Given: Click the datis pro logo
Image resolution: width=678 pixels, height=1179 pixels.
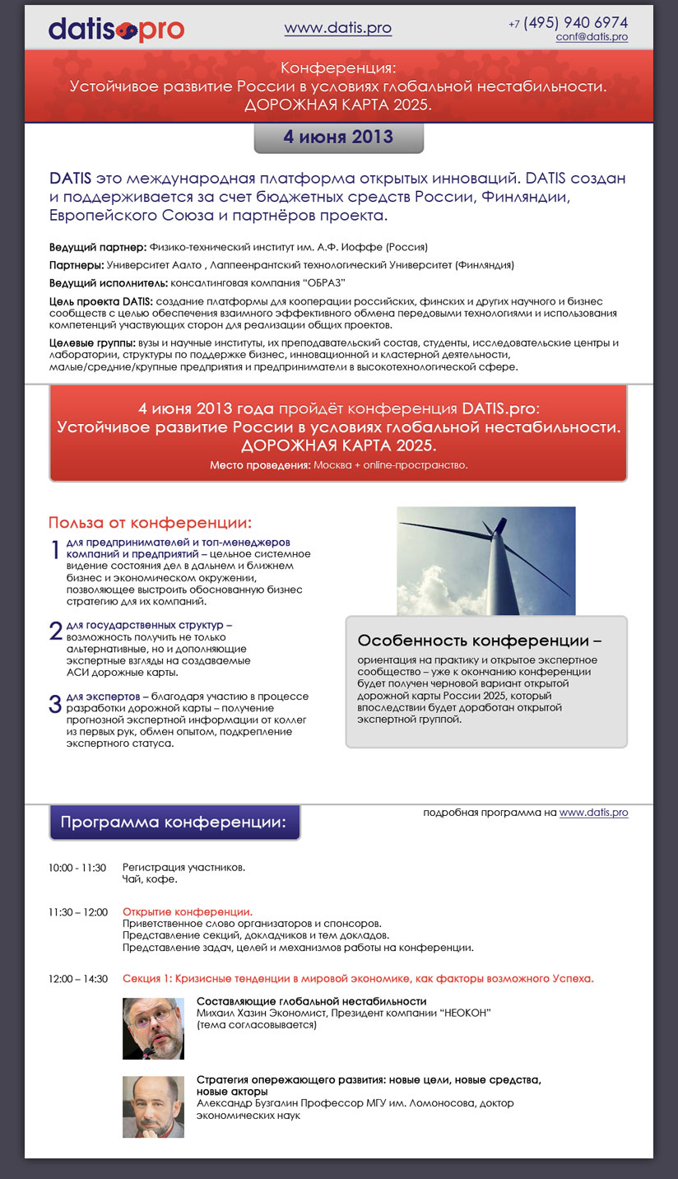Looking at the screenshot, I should click(116, 30).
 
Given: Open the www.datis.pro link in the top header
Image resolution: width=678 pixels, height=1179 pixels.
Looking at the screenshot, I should click(337, 28).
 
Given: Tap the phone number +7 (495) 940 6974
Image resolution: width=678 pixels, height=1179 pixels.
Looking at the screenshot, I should click(568, 22).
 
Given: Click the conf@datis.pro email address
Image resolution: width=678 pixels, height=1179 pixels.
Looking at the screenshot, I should click(592, 37).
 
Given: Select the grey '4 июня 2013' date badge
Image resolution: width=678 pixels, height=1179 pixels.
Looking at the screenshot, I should click(338, 137).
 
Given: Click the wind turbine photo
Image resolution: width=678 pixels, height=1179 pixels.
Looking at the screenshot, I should click(485, 561).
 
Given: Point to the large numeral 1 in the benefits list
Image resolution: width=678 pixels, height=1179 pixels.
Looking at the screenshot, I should click(56, 551).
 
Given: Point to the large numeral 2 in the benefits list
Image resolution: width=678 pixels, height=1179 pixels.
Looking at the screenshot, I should click(56, 631).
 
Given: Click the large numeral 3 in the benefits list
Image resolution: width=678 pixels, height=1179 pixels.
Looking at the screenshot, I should click(56, 704).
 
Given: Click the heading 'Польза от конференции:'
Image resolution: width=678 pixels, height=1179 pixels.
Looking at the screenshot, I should click(150, 523).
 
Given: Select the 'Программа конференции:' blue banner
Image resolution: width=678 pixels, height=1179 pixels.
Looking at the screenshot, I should click(174, 823).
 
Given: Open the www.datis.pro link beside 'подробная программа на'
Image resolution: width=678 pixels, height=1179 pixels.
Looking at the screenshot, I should click(593, 813).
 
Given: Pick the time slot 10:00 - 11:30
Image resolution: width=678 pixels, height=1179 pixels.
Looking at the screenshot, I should click(77, 868).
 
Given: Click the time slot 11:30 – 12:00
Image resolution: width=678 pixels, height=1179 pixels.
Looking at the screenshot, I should click(78, 912).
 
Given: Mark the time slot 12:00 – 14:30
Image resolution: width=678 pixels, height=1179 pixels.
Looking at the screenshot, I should click(78, 979).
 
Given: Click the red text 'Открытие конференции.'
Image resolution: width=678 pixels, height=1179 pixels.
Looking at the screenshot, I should click(188, 912).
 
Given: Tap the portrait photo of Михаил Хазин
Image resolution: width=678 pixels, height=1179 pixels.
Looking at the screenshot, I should click(153, 1028).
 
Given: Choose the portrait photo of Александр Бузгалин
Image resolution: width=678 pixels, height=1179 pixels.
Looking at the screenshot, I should click(153, 1107).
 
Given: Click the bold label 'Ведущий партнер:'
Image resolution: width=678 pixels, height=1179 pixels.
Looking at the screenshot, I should click(98, 247).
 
